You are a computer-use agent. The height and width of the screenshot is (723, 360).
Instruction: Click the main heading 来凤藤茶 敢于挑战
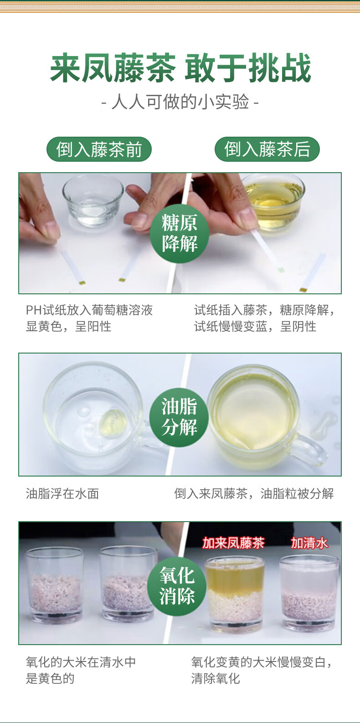(180, 68)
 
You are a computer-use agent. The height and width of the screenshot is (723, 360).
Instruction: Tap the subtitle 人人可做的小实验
(180, 102)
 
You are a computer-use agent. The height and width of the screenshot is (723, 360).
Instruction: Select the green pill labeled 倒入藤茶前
(99, 149)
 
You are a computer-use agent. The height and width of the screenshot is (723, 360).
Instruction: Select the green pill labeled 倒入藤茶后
(267, 149)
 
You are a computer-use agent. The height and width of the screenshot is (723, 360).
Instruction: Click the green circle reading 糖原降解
(180, 233)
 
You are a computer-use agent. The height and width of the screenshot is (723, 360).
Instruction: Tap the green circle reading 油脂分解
(179, 417)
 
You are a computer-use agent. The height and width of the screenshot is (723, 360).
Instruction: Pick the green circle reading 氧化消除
(177, 586)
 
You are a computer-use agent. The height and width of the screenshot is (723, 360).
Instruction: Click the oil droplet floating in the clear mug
(113, 423)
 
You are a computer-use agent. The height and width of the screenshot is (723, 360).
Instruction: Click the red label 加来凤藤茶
(233, 543)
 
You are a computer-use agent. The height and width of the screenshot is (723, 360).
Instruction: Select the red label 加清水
(309, 543)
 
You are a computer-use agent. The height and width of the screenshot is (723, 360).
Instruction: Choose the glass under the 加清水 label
(309, 593)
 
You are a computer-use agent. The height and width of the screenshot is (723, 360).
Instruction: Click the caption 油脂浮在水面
(62, 493)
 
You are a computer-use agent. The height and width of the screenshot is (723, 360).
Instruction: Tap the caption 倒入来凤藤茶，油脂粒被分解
(254, 493)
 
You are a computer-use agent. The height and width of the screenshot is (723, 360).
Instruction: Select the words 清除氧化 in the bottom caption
(216, 678)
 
